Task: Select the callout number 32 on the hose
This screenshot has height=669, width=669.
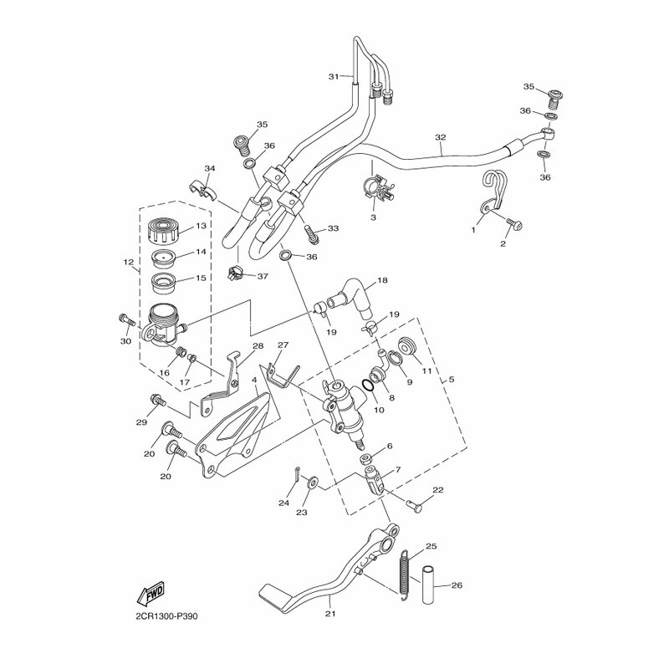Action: (x=440, y=137)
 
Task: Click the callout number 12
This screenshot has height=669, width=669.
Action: (x=128, y=263)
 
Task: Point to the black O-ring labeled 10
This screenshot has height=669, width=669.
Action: (x=369, y=386)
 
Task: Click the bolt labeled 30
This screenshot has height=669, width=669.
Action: (x=125, y=319)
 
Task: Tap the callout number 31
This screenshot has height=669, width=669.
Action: (x=333, y=77)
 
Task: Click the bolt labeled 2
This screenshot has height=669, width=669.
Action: (x=516, y=224)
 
